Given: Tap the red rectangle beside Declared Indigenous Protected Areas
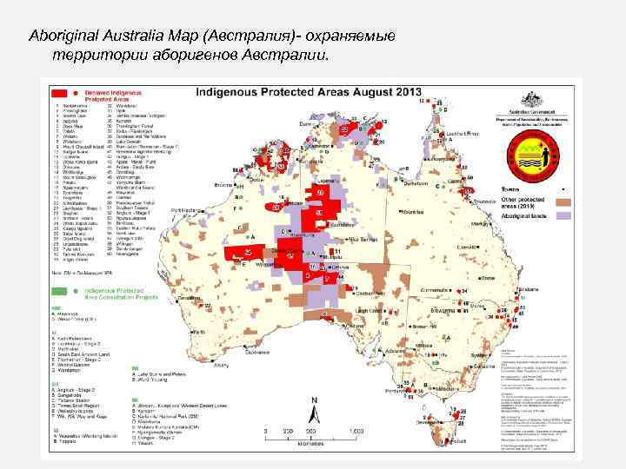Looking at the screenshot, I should pyautogui.click(x=60, y=92).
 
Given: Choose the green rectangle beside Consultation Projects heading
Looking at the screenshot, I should pyautogui.click(x=60, y=295).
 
